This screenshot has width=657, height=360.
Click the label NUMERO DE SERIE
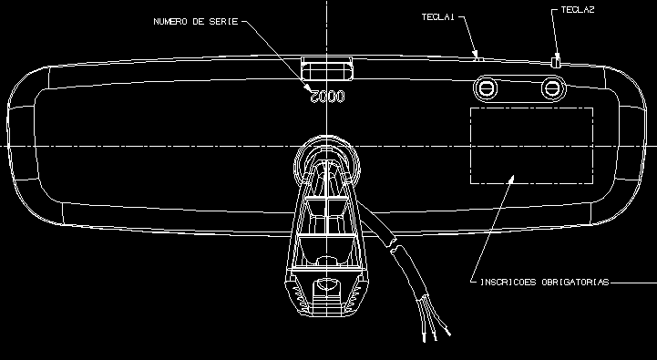coord(196,21)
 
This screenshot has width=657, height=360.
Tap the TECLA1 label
coord(438,16)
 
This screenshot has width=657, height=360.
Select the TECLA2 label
coord(578,10)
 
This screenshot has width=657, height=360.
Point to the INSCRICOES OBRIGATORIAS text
coord(544,282)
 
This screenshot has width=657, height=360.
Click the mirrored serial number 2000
coord(327,97)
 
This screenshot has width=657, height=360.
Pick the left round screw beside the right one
coord(487,88)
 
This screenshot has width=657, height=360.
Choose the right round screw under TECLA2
coord(553,88)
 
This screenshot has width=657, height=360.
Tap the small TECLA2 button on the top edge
coord(556,61)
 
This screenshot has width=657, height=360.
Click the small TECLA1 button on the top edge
coord(479,59)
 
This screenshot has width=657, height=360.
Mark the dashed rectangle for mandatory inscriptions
coord(531,108)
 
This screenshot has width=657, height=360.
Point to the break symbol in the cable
coord(393,245)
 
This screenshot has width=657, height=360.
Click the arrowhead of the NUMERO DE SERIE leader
coord(308,88)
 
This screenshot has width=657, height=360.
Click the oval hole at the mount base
coord(326,285)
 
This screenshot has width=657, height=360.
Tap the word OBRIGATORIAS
coord(575,282)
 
